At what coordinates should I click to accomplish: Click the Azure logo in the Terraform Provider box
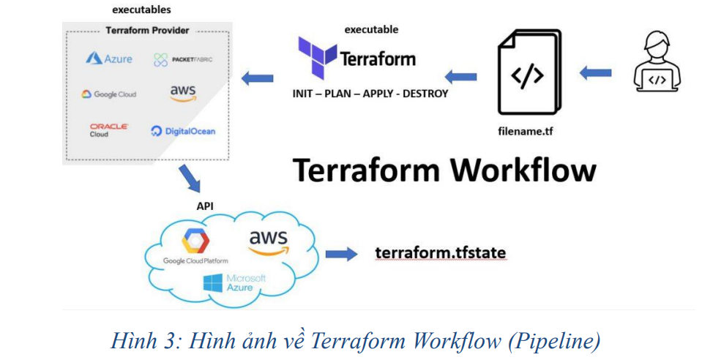109,59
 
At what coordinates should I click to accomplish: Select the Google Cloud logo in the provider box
108,94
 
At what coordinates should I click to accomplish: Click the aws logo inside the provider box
182,92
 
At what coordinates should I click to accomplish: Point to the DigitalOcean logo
183,131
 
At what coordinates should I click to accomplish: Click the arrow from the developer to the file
596,72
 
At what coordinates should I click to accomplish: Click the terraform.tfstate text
440,253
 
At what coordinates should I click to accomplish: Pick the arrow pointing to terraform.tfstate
340,254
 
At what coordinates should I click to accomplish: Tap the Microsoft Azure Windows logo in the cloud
214,283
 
